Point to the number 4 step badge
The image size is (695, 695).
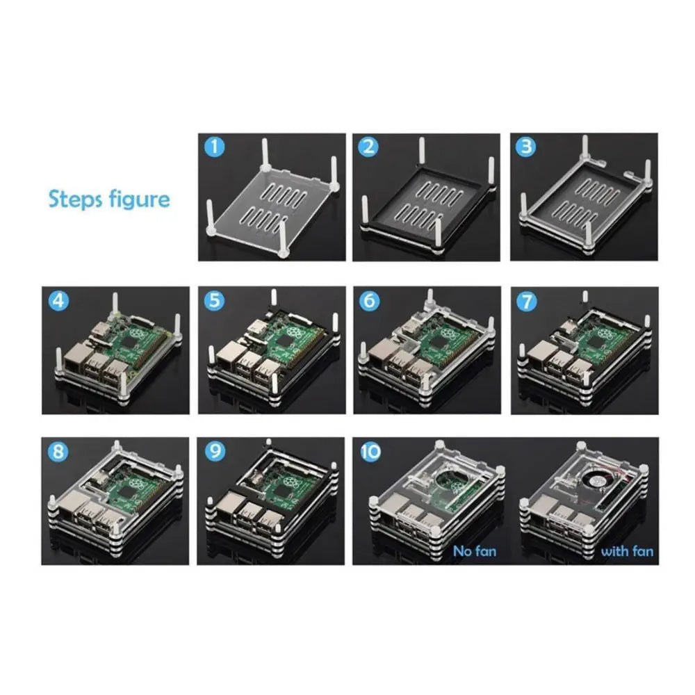pyautogui.click(x=58, y=301)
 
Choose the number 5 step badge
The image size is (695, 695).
pyautogui.click(x=215, y=301)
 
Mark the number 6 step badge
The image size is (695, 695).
pyautogui.click(x=369, y=302)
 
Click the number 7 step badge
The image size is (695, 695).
pyautogui.click(x=527, y=302)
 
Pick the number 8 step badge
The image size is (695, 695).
pyautogui.click(x=58, y=452)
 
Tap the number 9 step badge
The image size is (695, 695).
pyautogui.click(x=215, y=452)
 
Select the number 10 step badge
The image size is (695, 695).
pyautogui.click(x=370, y=452)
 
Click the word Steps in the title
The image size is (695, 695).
pyautogui.click(x=75, y=199)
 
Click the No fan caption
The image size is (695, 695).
pyautogui.click(x=474, y=551)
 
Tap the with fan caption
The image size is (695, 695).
pyautogui.click(x=627, y=551)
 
